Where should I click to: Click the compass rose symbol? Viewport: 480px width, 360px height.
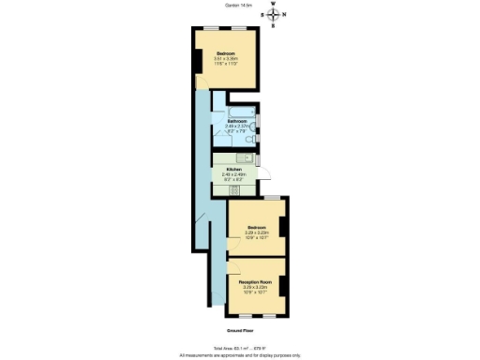coord(273,14)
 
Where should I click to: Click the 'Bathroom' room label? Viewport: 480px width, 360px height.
coord(236,121)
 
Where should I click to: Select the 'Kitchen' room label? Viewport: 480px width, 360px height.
coord(234,169)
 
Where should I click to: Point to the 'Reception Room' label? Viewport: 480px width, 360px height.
coord(254,280)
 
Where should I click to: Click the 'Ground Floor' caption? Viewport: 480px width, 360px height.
coord(240,330)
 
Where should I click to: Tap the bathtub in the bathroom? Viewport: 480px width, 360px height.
coord(233,109)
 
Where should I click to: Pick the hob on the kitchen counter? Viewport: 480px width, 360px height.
coord(234,190)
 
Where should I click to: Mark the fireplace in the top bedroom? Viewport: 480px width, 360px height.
coord(197,62)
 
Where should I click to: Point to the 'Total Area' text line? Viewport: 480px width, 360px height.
coord(240,348)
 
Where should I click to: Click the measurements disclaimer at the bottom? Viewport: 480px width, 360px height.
coord(240,355)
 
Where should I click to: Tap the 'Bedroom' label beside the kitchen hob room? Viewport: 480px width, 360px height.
coord(257,227)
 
